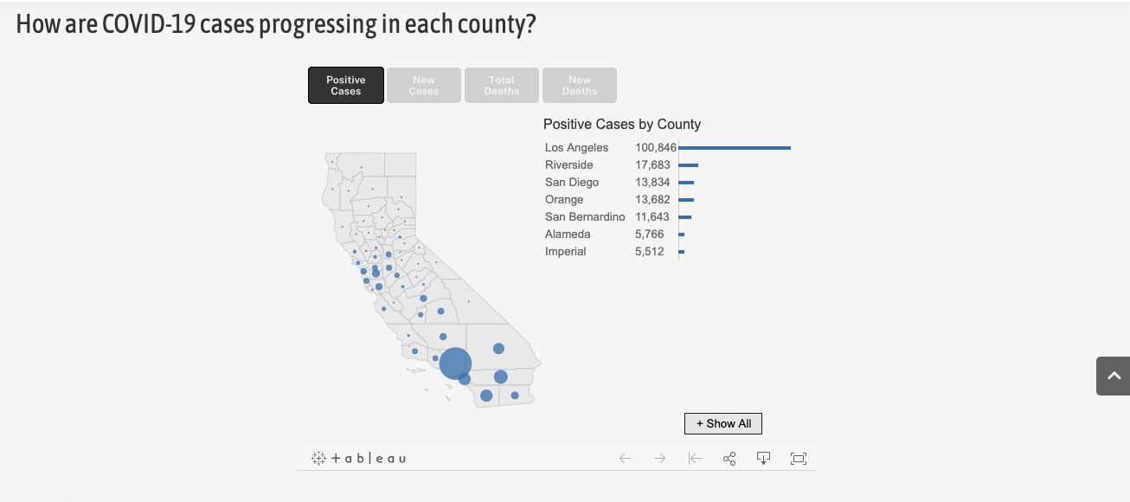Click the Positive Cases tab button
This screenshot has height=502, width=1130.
[x=346, y=86]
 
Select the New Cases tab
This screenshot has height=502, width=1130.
[x=424, y=86]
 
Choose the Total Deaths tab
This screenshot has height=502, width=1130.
[x=502, y=86]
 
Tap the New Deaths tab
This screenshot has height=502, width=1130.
[x=580, y=86]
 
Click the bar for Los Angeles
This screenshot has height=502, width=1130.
[x=735, y=148]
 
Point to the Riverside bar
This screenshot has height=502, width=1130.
[x=689, y=165]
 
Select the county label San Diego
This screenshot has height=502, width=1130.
[x=572, y=183]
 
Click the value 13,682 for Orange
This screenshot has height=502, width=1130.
[x=652, y=200]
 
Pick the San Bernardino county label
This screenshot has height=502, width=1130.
[x=585, y=217]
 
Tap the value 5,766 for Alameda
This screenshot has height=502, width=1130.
[x=649, y=235]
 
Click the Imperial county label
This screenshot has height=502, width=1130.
[x=566, y=252]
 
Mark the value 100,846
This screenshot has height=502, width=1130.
[x=656, y=148]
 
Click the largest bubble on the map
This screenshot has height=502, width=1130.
[x=455, y=364]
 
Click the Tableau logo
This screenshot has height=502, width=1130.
[x=359, y=459]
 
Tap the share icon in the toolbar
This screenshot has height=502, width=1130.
[x=729, y=459]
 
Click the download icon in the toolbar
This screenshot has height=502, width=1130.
[x=763, y=459]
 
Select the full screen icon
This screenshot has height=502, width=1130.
[x=799, y=459]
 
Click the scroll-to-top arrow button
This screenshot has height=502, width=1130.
[x=1114, y=376]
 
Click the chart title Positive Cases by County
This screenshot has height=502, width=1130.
[x=622, y=125]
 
